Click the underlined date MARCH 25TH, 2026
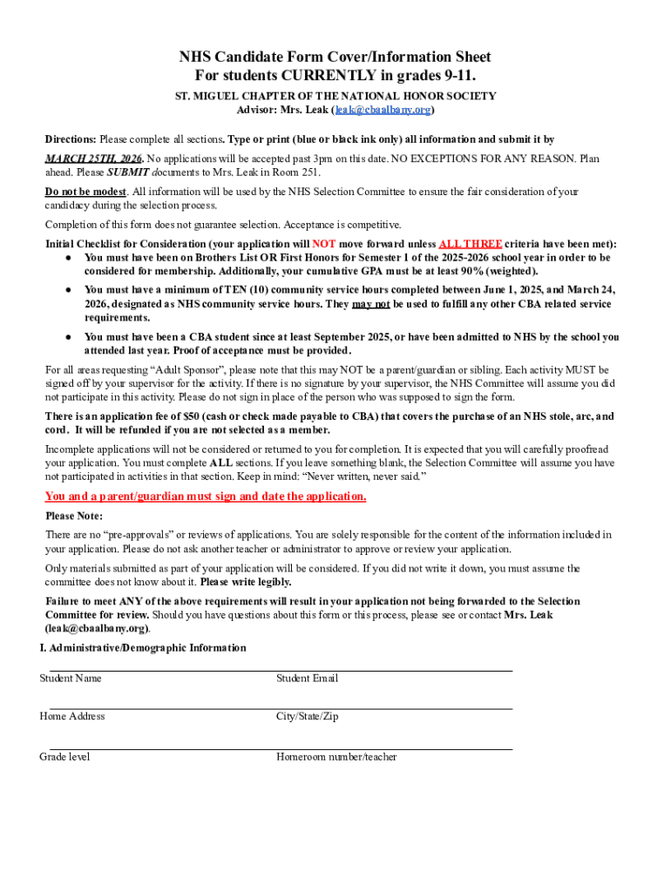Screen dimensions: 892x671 pyautogui.click(x=94, y=159)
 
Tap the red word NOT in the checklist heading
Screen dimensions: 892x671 pyautogui.click(x=324, y=244)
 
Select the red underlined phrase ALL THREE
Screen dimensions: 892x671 pyautogui.click(x=470, y=244)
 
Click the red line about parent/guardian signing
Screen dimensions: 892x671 pyautogui.click(x=206, y=497)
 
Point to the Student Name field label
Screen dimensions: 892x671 pyautogui.click(x=71, y=679)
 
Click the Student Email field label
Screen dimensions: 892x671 pyautogui.click(x=308, y=679)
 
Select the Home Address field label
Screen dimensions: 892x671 pyautogui.click(x=72, y=717)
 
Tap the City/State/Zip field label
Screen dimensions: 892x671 pyautogui.click(x=308, y=717)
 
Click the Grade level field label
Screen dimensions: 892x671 pyautogui.click(x=64, y=757)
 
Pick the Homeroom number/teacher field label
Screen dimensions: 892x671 pyautogui.click(x=336, y=757)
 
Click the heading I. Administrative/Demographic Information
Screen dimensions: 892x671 pyautogui.click(x=143, y=648)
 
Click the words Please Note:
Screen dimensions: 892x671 pyautogui.click(x=74, y=516)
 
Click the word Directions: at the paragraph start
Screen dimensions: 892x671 pyautogui.click(x=71, y=139)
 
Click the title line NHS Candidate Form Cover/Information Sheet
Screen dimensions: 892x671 pyautogui.click(x=335, y=57)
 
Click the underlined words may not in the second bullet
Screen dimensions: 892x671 pyautogui.click(x=370, y=304)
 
